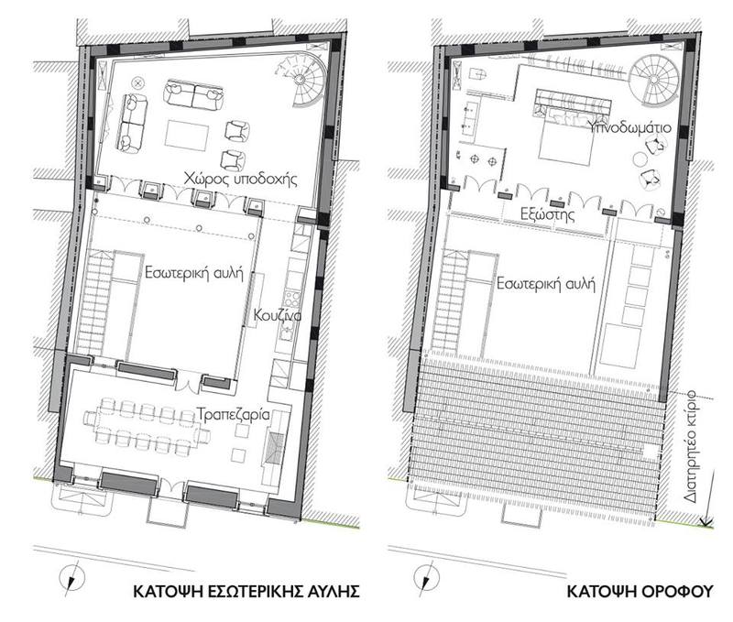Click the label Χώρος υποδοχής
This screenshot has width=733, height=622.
(240, 179)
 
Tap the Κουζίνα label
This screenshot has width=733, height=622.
(278, 315)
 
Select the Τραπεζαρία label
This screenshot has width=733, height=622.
(233, 415)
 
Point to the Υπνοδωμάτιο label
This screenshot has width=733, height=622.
(629, 127)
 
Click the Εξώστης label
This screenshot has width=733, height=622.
(547, 214)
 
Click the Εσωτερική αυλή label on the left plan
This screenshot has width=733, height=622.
(194, 272)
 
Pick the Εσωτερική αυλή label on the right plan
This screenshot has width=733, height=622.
(545, 284)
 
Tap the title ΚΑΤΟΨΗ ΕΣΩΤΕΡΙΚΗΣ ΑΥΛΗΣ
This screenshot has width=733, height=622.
(246, 591)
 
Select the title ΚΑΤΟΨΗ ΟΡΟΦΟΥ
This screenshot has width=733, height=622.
(640, 591)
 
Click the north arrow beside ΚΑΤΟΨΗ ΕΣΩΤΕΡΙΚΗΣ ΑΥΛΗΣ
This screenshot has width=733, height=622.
(72, 577)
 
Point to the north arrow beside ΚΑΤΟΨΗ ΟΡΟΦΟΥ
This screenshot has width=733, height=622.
(426, 577)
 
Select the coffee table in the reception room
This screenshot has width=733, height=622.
(187, 135)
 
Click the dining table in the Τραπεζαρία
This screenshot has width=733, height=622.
(147, 426)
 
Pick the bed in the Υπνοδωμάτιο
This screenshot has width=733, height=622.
(566, 131)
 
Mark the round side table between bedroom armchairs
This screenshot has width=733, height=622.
(640, 159)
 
